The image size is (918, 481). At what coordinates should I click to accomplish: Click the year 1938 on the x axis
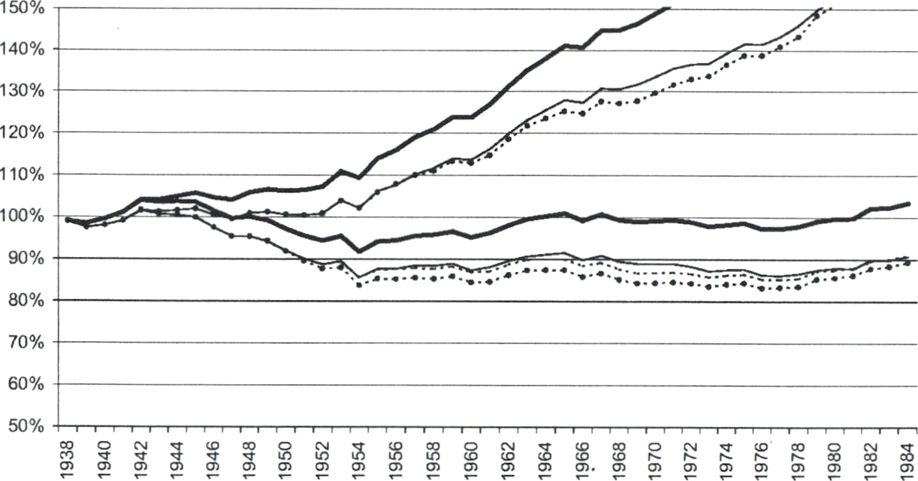point(68,455)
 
